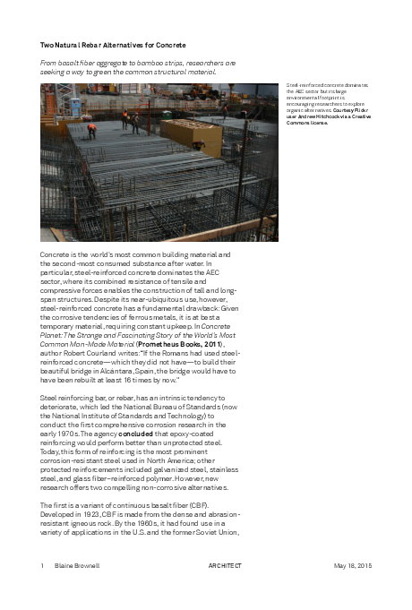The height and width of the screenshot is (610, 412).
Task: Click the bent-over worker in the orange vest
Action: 91,128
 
